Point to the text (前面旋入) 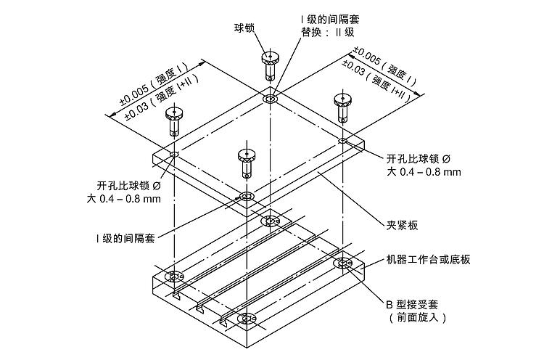point(417,317)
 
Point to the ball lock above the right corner point(342,107)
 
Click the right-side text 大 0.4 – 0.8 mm point(424,172)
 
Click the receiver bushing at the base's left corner point(174,277)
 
